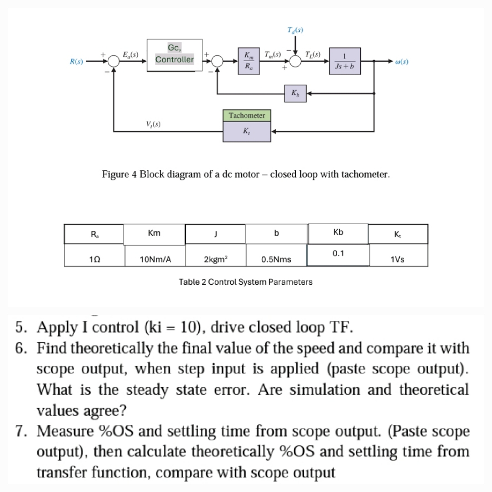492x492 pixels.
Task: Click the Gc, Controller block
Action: (174, 55)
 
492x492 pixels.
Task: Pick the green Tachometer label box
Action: (246, 115)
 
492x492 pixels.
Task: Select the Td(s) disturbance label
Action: (296, 31)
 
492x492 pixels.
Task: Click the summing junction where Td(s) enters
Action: (296, 61)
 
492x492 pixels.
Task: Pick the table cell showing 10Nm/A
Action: (155, 259)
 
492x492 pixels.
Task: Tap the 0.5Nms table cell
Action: (276, 259)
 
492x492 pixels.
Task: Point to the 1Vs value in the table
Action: (397, 259)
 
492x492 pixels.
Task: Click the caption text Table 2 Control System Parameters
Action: (246, 282)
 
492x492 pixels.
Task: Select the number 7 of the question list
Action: (20, 430)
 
